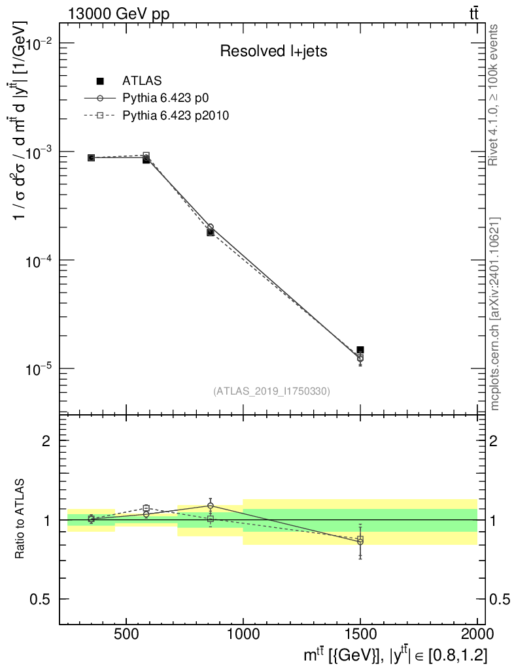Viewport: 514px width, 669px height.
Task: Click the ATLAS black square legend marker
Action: tap(100, 81)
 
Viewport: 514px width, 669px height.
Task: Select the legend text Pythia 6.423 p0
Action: tap(169, 98)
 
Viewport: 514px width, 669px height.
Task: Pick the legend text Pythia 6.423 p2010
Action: tap(176, 115)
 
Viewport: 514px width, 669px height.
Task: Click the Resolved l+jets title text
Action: tap(273, 52)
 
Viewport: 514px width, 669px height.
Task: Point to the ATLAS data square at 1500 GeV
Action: tap(360, 350)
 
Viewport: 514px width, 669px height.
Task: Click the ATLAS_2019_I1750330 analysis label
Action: tap(271, 391)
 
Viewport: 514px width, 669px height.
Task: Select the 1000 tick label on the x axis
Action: tap(243, 634)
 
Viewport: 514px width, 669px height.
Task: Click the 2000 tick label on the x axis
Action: tap(477, 634)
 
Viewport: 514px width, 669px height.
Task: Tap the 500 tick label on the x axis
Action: tap(126, 634)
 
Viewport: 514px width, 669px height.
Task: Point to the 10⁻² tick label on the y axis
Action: tap(39, 43)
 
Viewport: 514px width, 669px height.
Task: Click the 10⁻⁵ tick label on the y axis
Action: tap(39, 369)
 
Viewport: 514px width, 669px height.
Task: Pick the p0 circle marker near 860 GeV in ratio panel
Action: tap(210, 506)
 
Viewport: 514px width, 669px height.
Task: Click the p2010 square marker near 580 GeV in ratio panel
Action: tap(146, 508)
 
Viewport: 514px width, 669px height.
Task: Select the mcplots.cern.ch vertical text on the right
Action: tap(496, 314)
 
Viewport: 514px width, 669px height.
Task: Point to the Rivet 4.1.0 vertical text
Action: tap(495, 95)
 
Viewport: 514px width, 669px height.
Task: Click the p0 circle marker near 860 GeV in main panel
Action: tap(210, 227)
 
